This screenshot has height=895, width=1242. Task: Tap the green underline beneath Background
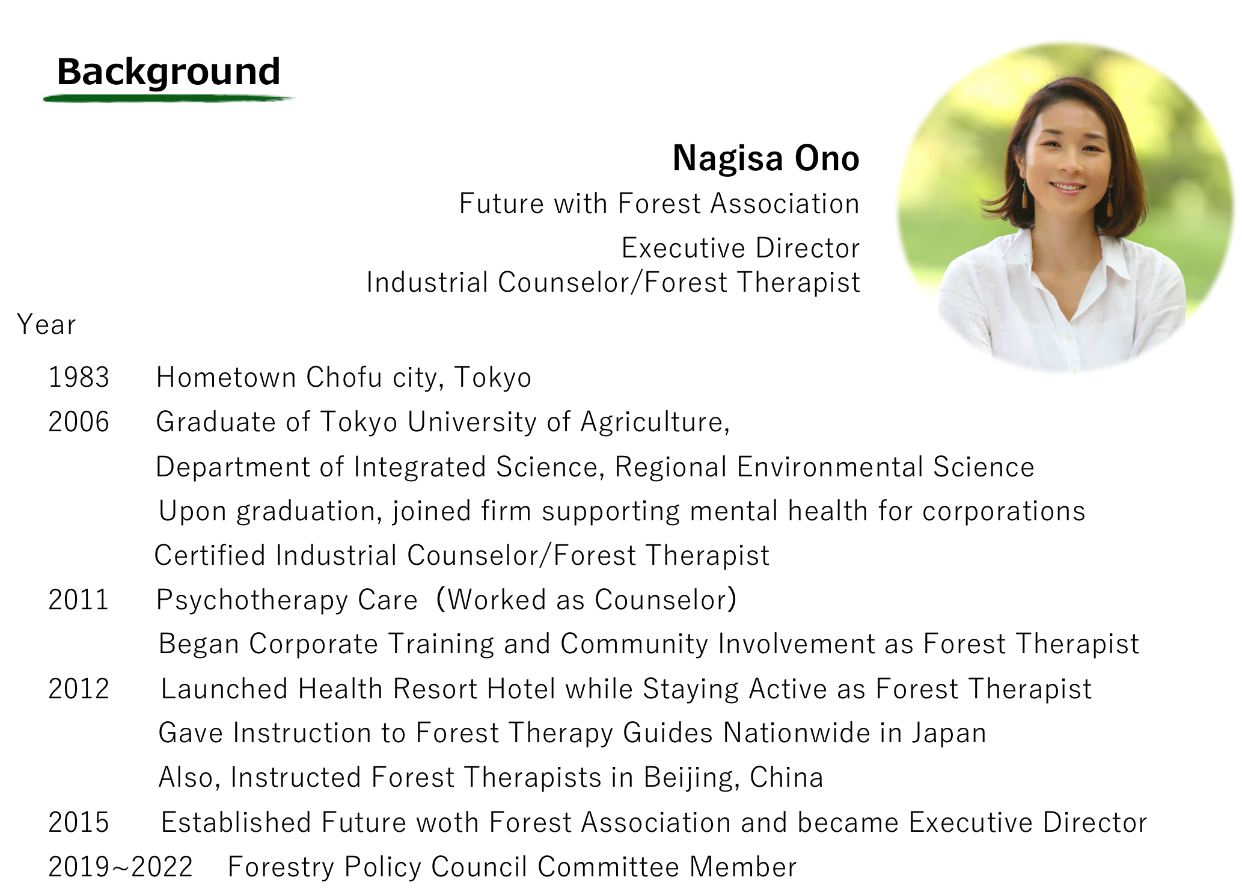tap(168, 98)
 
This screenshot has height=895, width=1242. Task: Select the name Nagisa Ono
tap(766, 158)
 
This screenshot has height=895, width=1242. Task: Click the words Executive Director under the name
tap(741, 248)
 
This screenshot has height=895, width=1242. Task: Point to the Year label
tap(46, 325)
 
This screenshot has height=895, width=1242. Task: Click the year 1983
tap(79, 378)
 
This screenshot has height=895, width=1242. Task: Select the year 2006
tap(79, 422)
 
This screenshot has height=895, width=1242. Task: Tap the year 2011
tap(79, 600)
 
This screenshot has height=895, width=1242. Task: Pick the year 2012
tap(79, 689)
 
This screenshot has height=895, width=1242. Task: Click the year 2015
tap(79, 822)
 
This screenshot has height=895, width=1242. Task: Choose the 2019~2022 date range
tap(120, 867)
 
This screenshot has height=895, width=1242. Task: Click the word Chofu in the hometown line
tap(344, 378)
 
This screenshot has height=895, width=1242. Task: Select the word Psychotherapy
tap(252, 600)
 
